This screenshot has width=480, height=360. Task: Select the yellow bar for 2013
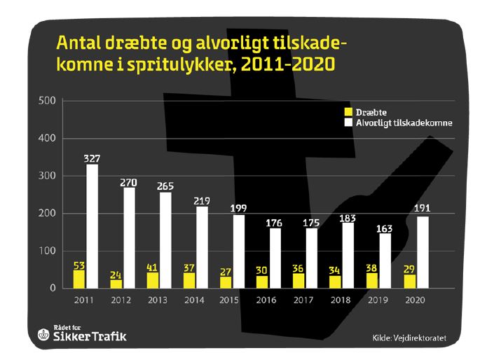pyautogui.click(x=153, y=279)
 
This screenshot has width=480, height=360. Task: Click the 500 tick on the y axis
pyautogui.click(x=47, y=101)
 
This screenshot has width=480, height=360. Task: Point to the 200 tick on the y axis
pyautogui.click(x=47, y=214)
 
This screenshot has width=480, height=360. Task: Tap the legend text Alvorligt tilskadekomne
pyautogui.click(x=403, y=123)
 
